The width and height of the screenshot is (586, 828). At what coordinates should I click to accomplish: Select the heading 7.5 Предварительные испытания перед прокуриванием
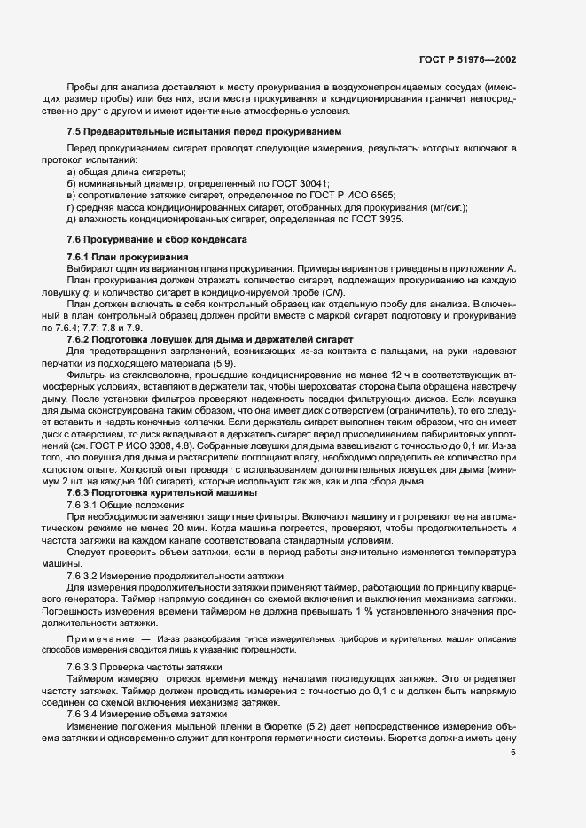click(180, 131)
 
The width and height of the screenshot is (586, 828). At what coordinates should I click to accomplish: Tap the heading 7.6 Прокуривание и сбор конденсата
click(156, 240)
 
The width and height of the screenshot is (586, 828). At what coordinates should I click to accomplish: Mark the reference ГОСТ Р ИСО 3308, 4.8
click(147, 447)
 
